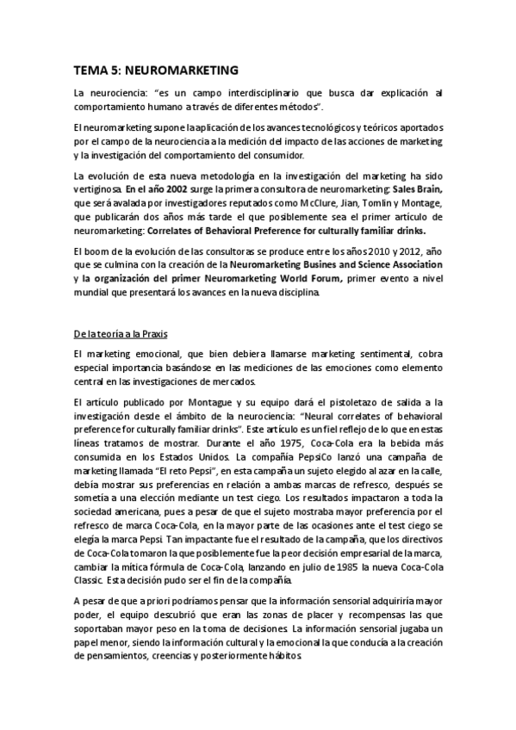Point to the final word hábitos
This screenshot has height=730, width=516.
click(x=284, y=655)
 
